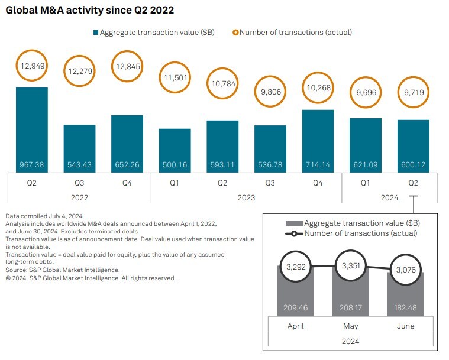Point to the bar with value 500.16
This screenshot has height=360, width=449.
point(175,150)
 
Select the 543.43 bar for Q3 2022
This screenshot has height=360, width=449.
point(79,148)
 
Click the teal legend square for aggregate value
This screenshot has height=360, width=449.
point(95,33)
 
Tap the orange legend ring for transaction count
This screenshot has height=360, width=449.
point(235,33)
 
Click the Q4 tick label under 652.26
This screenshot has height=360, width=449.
point(127,183)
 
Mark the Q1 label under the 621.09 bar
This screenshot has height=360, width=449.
point(365,183)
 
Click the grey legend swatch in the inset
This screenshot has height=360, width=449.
point(293,223)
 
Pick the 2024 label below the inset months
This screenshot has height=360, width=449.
point(350,341)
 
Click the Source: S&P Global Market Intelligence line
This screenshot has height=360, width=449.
point(62,270)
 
